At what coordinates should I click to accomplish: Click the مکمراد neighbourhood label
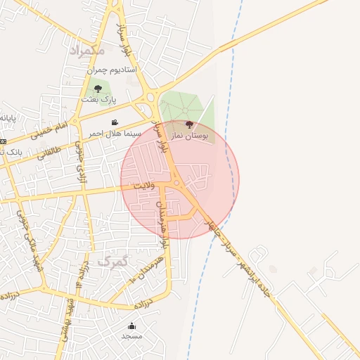(x=87, y=50)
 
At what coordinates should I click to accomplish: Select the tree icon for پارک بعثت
(x=98, y=89)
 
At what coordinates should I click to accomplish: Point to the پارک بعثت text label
(x=98, y=101)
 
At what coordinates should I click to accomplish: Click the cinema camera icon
(x=115, y=122)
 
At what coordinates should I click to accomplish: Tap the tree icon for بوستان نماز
(x=188, y=124)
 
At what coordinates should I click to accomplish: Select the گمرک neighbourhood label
(x=113, y=262)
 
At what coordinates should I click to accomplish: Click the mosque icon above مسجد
(x=131, y=326)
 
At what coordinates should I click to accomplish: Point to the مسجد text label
(x=131, y=336)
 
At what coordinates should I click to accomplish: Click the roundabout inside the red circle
(x=176, y=184)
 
